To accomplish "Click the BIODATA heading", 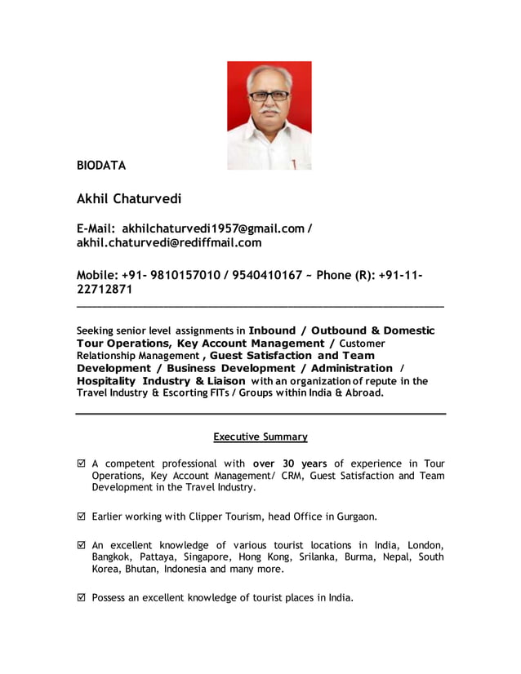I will [101, 166].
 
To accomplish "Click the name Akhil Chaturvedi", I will [129, 198].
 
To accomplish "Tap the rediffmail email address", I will [169, 242].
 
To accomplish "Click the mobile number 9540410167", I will [266, 275].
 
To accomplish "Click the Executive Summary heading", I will [260, 437].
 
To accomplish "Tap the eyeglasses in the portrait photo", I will [269, 95].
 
